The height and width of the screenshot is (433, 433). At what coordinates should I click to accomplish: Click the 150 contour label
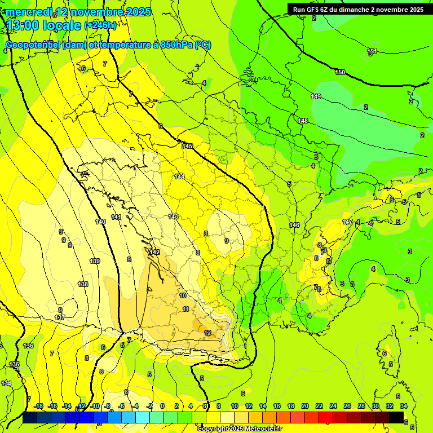[340, 73]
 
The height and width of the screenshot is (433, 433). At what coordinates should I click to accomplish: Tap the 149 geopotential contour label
[316, 97]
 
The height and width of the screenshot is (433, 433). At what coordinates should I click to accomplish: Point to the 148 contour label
[303, 121]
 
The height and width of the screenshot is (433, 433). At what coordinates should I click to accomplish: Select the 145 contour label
[187, 147]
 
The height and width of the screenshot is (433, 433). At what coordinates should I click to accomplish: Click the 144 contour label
[179, 177]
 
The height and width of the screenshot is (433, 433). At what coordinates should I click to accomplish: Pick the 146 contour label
[294, 226]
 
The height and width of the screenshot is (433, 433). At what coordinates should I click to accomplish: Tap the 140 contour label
[100, 222]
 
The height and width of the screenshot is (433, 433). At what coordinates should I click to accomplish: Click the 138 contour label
[83, 284]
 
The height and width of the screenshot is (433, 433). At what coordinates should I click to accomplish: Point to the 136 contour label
[28, 346]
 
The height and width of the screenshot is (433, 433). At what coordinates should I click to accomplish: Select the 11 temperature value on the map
[186, 309]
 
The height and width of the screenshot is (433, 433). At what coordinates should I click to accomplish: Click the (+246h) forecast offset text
[100, 25]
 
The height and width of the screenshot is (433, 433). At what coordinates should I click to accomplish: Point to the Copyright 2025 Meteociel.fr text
[239, 428]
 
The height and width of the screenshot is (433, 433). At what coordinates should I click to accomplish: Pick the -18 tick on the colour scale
[38, 406]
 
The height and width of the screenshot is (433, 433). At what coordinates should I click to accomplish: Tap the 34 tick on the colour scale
[404, 406]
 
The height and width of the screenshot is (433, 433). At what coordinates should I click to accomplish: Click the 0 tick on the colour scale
[162, 406]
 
